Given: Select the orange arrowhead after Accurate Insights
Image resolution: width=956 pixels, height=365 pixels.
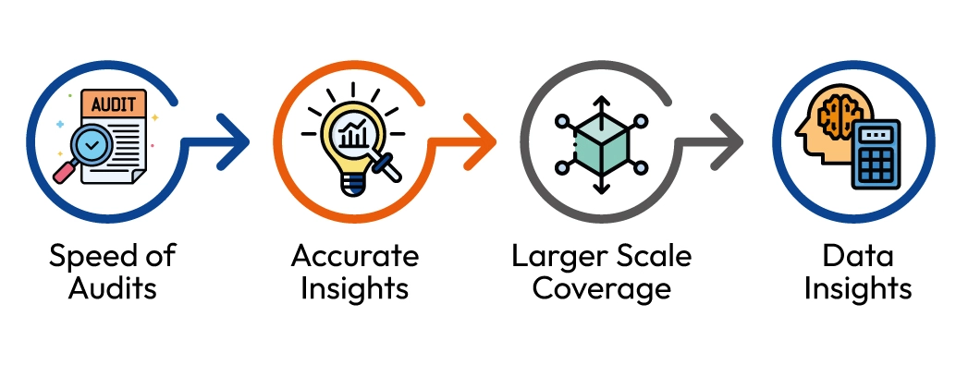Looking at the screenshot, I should point(483,143).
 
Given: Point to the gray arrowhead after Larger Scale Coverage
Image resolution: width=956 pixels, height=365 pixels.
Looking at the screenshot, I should point(729,143).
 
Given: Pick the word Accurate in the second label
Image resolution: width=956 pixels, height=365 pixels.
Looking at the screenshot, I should point(355,256).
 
